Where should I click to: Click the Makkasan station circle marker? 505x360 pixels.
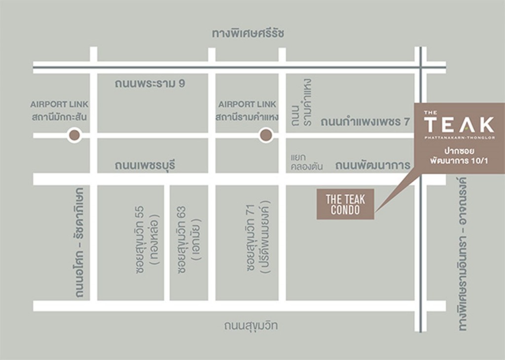pos(74,135)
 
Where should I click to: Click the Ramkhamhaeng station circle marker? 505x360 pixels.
pos(266,135)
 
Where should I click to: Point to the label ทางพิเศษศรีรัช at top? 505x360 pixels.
pos(249,34)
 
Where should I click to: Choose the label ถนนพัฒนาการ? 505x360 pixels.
pos(372,166)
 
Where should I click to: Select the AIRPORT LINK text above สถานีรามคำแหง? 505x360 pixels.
pos(248,104)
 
